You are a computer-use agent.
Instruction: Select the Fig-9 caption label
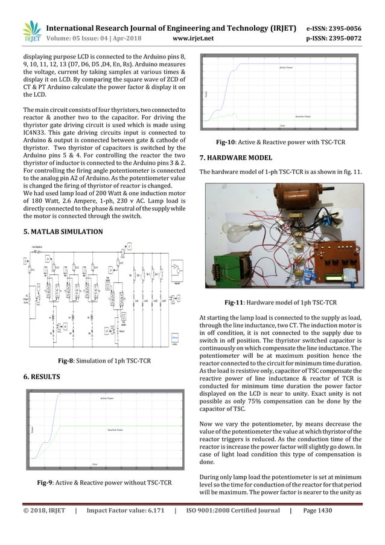[x=48, y=482]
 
